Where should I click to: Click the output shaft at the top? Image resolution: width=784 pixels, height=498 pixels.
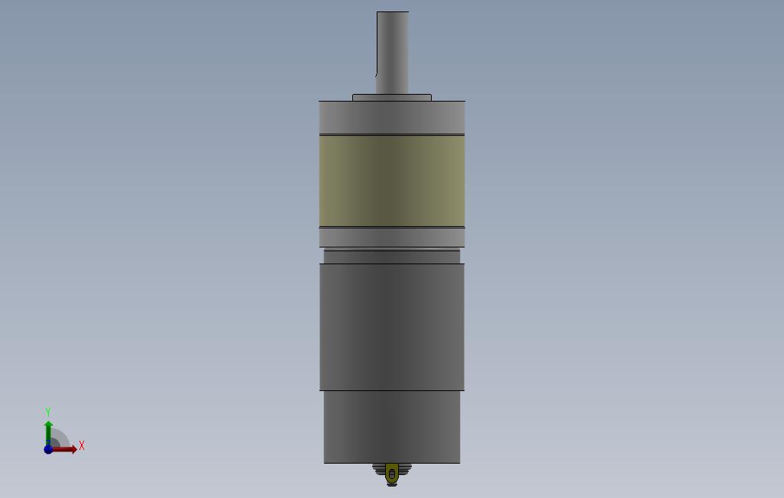pos(393,53)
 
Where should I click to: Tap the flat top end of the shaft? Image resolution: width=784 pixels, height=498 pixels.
pos(393,12)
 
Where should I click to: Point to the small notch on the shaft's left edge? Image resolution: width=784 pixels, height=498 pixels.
pos(377,74)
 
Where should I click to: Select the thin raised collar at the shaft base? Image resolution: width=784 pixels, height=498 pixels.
pos(392,98)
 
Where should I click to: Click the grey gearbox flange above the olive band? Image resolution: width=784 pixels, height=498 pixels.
pos(392,117)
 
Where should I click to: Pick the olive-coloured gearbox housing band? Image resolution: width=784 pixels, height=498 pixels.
pos(392,180)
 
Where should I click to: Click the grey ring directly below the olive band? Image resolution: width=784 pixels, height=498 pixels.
pos(392,237)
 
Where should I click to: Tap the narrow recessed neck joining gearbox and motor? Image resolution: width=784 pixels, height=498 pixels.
pos(392,256)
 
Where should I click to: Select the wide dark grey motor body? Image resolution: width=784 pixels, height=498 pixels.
pos(392,327)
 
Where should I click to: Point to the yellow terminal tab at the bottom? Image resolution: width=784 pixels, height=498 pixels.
pos(392,473)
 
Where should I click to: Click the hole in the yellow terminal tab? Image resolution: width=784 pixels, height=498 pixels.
pos(392,475)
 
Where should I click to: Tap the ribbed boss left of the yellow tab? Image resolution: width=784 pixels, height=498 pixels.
pos(380,469)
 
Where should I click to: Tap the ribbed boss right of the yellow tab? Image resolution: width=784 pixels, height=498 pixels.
pos(405,469)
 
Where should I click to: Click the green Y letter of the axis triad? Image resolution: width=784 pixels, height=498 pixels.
pos(48,412)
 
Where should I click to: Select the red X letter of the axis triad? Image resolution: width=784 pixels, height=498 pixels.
pos(82,445)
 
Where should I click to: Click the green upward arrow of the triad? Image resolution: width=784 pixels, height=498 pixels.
pos(48,429)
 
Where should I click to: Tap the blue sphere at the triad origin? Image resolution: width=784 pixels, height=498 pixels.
pos(48,449)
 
